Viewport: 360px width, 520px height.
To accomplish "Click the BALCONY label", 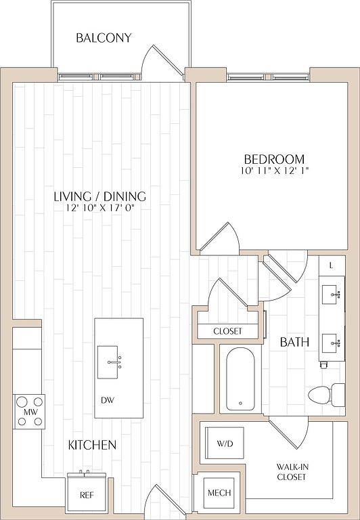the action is pyautogui.click(x=104, y=38).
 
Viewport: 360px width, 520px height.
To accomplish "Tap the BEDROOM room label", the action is pyautogui.click(x=274, y=160).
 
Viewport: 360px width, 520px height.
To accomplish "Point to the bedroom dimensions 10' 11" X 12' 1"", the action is pyautogui.click(x=275, y=171).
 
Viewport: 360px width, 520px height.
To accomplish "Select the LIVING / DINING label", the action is pyautogui.click(x=99, y=196).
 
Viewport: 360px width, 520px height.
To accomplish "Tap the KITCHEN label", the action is pyautogui.click(x=92, y=445).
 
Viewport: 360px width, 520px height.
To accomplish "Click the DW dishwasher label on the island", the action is pyautogui.click(x=108, y=400).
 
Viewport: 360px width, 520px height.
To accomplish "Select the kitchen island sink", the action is pyautogui.click(x=108, y=362).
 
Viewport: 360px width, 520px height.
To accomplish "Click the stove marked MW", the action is pyautogui.click(x=29, y=412).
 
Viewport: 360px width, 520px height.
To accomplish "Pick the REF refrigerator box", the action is pyautogui.click(x=87, y=492).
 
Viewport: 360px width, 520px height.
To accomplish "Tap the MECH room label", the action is pyautogui.click(x=219, y=493).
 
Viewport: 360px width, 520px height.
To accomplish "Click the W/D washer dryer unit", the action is pyautogui.click(x=225, y=443).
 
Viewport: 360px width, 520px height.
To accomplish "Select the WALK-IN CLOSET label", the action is pyautogui.click(x=292, y=472).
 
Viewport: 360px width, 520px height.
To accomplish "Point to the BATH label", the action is pyautogui.click(x=294, y=342).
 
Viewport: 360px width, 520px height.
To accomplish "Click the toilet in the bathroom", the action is pyautogui.click(x=327, y=394).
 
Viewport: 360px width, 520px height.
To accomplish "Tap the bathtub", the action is pyautogui.click(x=241, y=379).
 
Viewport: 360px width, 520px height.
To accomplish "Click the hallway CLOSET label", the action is pyautogui.click(x=228, y=331).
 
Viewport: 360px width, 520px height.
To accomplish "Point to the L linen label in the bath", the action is pyautogui.click(x=331, y=265).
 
